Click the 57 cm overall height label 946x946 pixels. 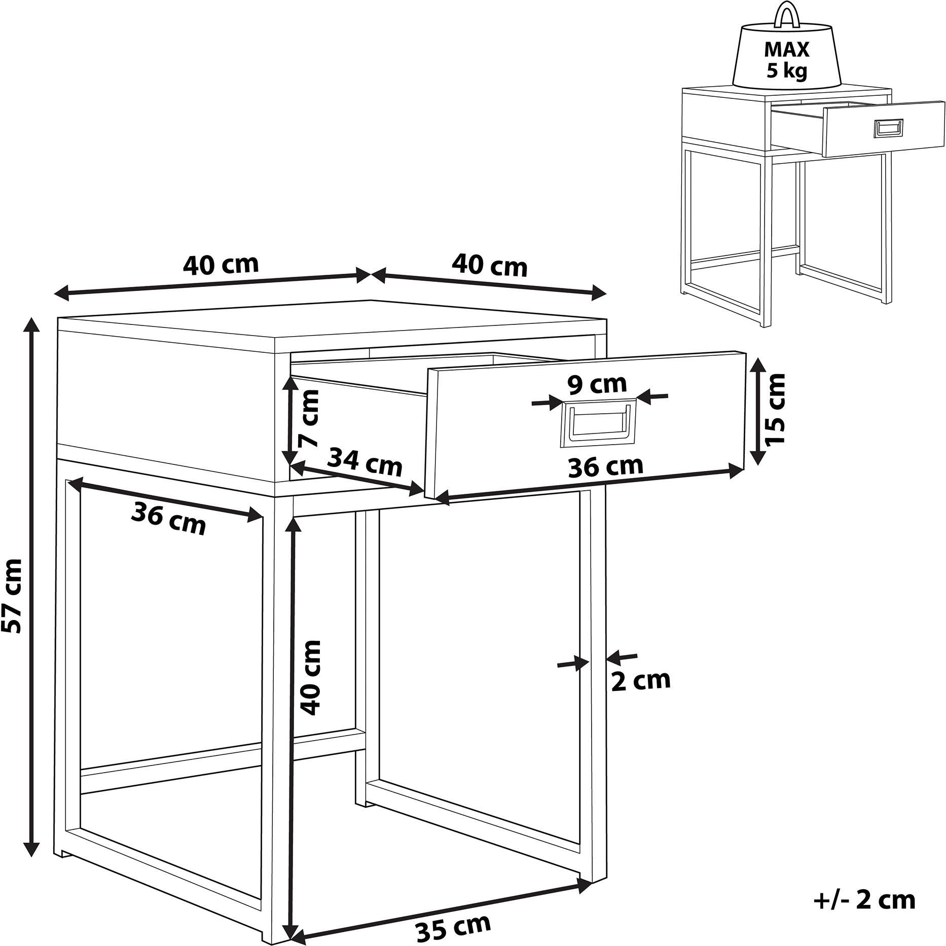[12, 596]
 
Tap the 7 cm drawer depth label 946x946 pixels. [309, 419]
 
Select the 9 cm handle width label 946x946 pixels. [597, 385]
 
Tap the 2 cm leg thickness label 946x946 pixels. [641, 681]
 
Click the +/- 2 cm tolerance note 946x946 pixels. [864, 900]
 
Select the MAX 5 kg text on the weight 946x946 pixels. [787, 60]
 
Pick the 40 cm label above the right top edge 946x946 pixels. [490, 266]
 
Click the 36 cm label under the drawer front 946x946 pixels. [606, 466]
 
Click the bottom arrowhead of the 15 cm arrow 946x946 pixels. [757, 457]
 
